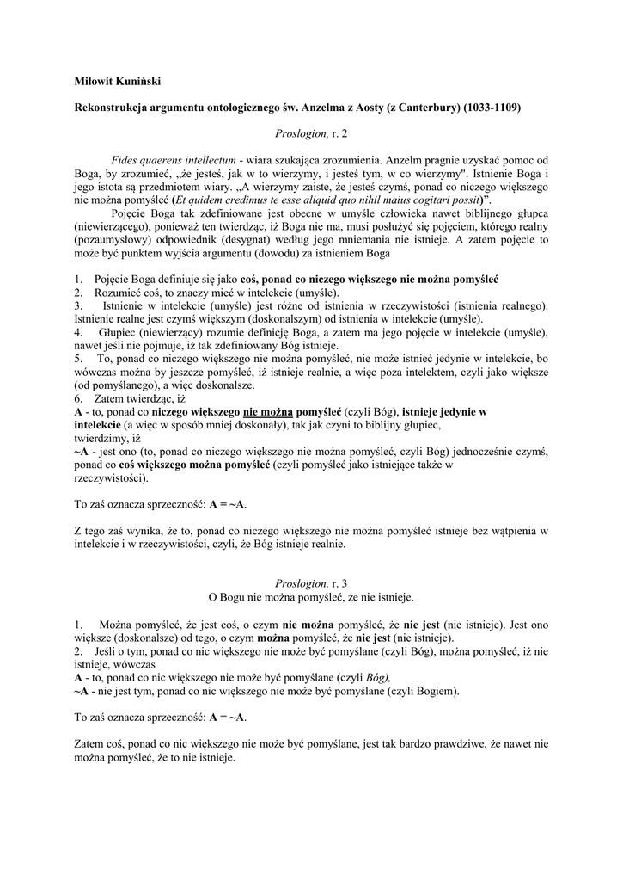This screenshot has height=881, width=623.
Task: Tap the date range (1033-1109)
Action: coord(492,108)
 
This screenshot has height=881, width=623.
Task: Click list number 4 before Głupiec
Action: coord(77,331)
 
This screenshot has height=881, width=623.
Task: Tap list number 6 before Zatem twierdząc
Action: coord(77,398)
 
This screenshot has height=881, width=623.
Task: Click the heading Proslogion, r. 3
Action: coord(311,583)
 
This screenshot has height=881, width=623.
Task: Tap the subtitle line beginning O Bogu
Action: coord(311,596)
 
